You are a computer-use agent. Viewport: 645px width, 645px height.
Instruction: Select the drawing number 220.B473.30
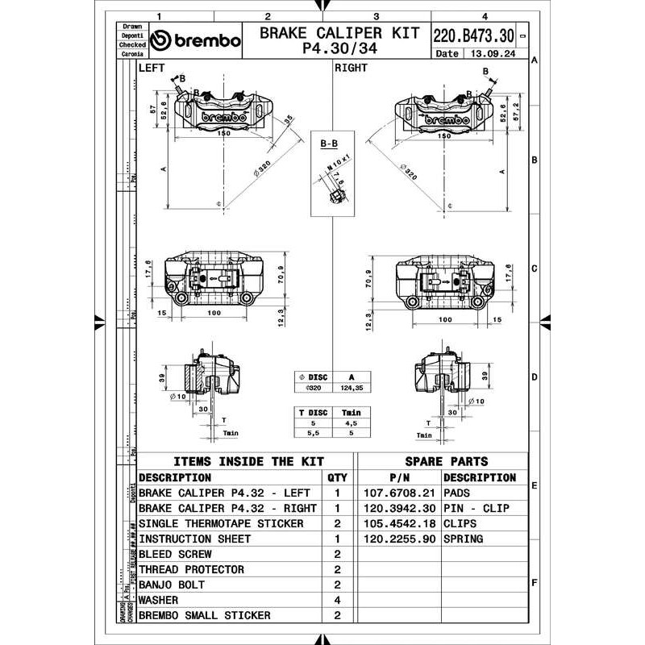[x=473, y=36]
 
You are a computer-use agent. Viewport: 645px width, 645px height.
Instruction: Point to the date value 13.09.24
[x=489, y=54]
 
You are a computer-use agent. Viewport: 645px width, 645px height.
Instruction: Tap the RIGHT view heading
[x=351, y=69]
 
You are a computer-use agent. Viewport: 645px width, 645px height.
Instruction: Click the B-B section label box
[x=329, y=144]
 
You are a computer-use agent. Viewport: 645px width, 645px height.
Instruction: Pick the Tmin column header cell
[x=351, y=413]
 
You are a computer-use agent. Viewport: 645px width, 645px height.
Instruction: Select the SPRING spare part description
[x=463, y=539]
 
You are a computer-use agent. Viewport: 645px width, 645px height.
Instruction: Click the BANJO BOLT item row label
[x=172, y=585]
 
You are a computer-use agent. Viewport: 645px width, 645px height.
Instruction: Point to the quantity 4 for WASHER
[x=337, y=600]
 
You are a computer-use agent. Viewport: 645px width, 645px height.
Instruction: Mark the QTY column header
[x=337, y=477]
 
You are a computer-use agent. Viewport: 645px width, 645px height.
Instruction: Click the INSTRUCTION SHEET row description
[x=194, y=539]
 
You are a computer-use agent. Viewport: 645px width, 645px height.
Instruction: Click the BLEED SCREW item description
[x=175, y=554]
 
